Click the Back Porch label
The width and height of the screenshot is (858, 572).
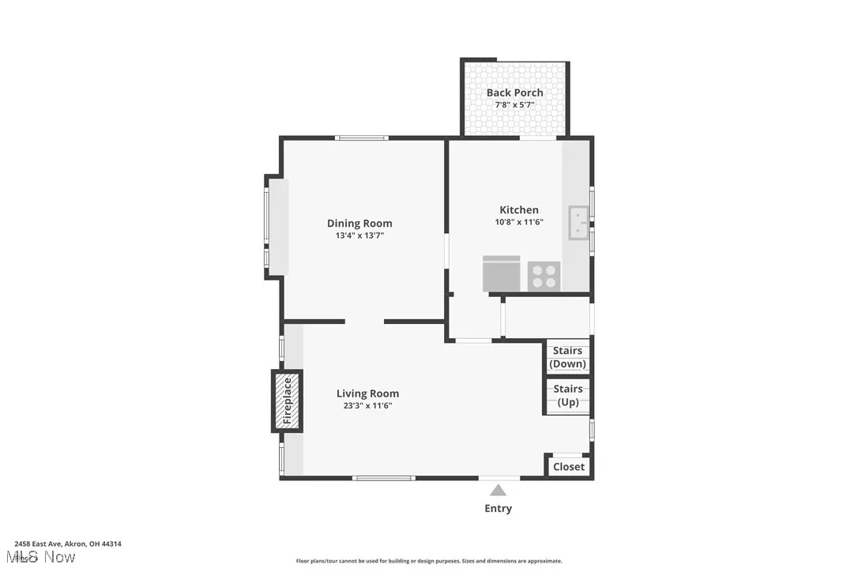tap(514, 92)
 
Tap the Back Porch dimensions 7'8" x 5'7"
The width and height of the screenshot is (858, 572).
tap(514, 104)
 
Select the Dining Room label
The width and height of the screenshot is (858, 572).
tap(359, 224)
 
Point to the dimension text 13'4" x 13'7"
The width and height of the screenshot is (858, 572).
tap(359, 235)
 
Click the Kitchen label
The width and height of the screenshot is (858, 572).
tap(519, 210)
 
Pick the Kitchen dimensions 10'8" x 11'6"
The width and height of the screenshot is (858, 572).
tap(519, 222)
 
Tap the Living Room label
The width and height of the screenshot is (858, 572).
tap(367, 393)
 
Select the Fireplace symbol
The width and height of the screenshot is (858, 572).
tap(288, 401)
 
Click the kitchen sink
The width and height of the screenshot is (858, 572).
tap(578, 223)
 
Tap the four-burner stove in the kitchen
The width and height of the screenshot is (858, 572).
tap(544, 276)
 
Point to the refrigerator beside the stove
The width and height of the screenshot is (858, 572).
tap(501, 274)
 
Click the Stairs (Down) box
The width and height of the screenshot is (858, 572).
tap(567, 357)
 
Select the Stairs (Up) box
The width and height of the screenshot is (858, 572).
tap(567, 395)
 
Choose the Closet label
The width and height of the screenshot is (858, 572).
tap(569, 467)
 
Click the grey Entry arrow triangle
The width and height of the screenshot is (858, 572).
tap(498, 491)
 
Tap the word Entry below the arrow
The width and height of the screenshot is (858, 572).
tap(498, 509)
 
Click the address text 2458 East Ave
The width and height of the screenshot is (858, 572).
tap(68, 544)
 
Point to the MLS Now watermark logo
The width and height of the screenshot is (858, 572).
tap(44, 557)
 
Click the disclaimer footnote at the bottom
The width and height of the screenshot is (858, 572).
tap(429, 561)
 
